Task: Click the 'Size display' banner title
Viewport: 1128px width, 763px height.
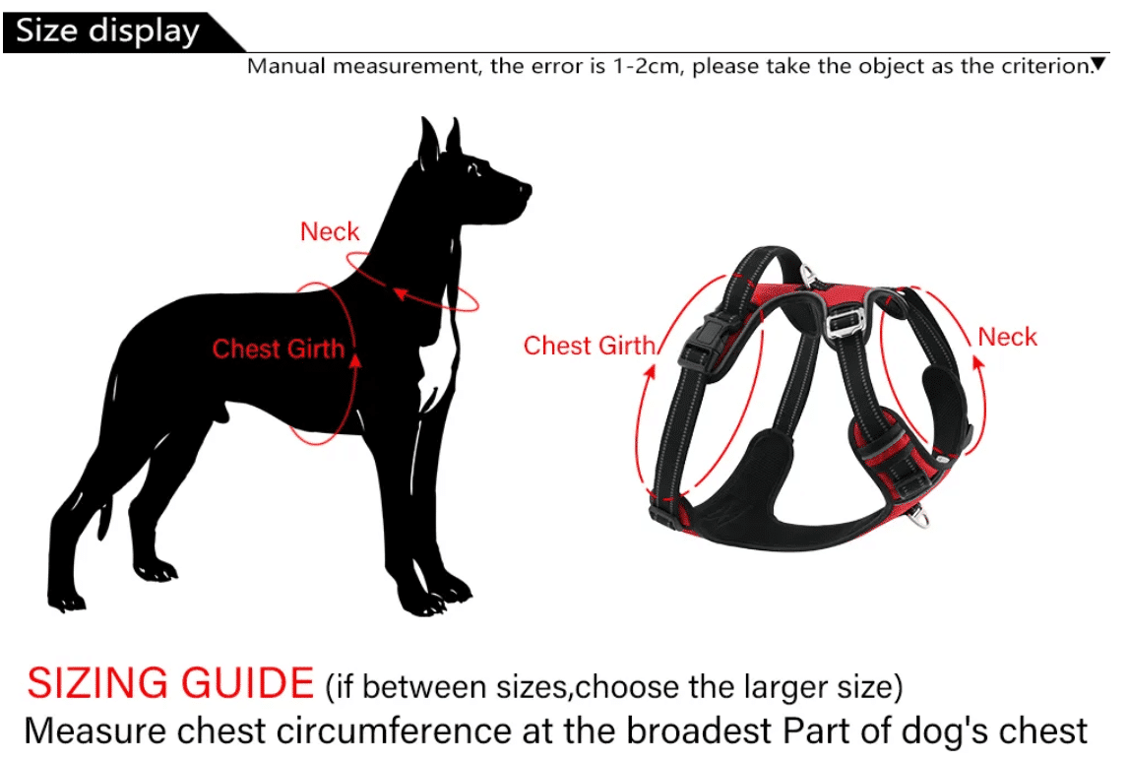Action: tap(107, 32)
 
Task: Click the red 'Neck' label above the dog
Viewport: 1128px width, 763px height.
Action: tap(330, 231)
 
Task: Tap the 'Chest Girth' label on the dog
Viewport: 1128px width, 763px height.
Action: tap(279, 350)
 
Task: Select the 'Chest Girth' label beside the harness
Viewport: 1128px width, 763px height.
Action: tap(590, 346)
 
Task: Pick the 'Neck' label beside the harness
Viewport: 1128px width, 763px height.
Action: tap(1007, 337)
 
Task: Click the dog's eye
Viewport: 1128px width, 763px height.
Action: tap(476, 169)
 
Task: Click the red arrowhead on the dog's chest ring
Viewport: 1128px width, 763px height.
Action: tap(354, 357)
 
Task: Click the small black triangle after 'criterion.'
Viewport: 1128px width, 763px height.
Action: tap(1097, 64)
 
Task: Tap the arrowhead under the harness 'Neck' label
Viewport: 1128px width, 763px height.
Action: tap(978, 362)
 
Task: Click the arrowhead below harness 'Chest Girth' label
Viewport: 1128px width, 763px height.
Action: tap(650, 371)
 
